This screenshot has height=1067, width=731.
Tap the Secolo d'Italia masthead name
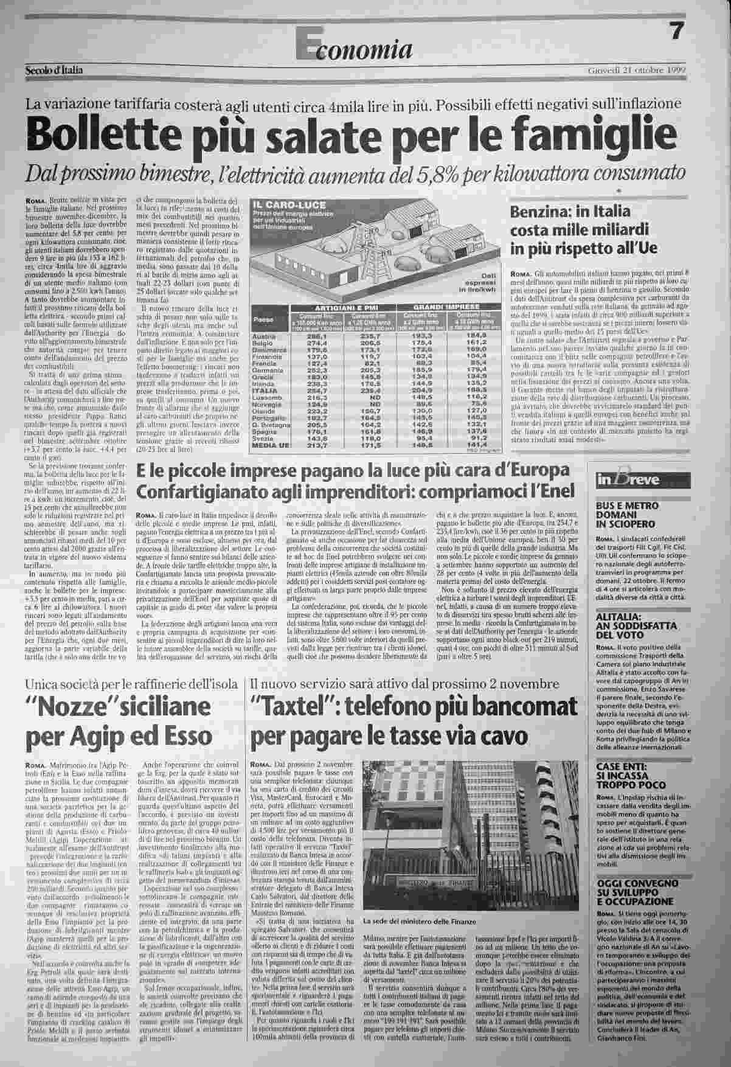[54, 70]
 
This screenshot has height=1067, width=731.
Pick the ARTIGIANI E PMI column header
[344, 308]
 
